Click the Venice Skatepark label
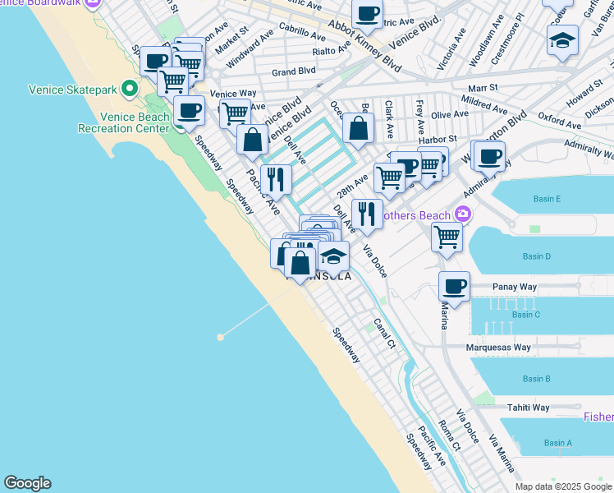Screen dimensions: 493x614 (69, 88)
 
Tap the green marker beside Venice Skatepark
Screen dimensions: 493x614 (129, 88)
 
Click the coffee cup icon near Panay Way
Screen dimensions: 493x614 (454, 286)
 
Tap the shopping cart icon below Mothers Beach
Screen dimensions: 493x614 (447, 236)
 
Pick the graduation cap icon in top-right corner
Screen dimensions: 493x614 (562, 39)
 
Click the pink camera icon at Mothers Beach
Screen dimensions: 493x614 (463, 214)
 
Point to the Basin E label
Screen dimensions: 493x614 (547, 199)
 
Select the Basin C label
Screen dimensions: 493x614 (525, 315)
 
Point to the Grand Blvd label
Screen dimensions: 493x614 (294, 71)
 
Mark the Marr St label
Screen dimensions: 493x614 (484, 87)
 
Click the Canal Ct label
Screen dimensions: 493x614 (385, 334)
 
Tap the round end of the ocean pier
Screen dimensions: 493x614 (220, 337)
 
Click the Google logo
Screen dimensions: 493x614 (28, 483)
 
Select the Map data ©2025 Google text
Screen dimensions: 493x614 (563, 486)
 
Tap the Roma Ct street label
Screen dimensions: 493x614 (450, 433)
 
